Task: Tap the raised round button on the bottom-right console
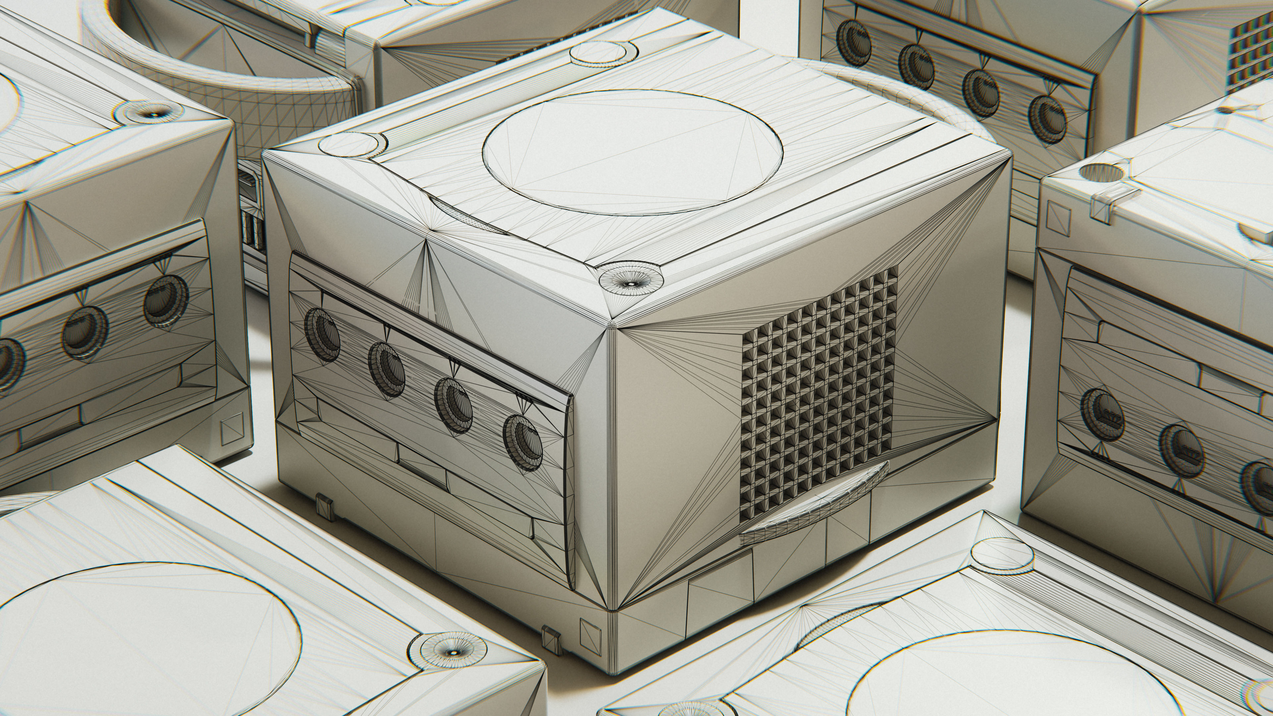click(1002, 555)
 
